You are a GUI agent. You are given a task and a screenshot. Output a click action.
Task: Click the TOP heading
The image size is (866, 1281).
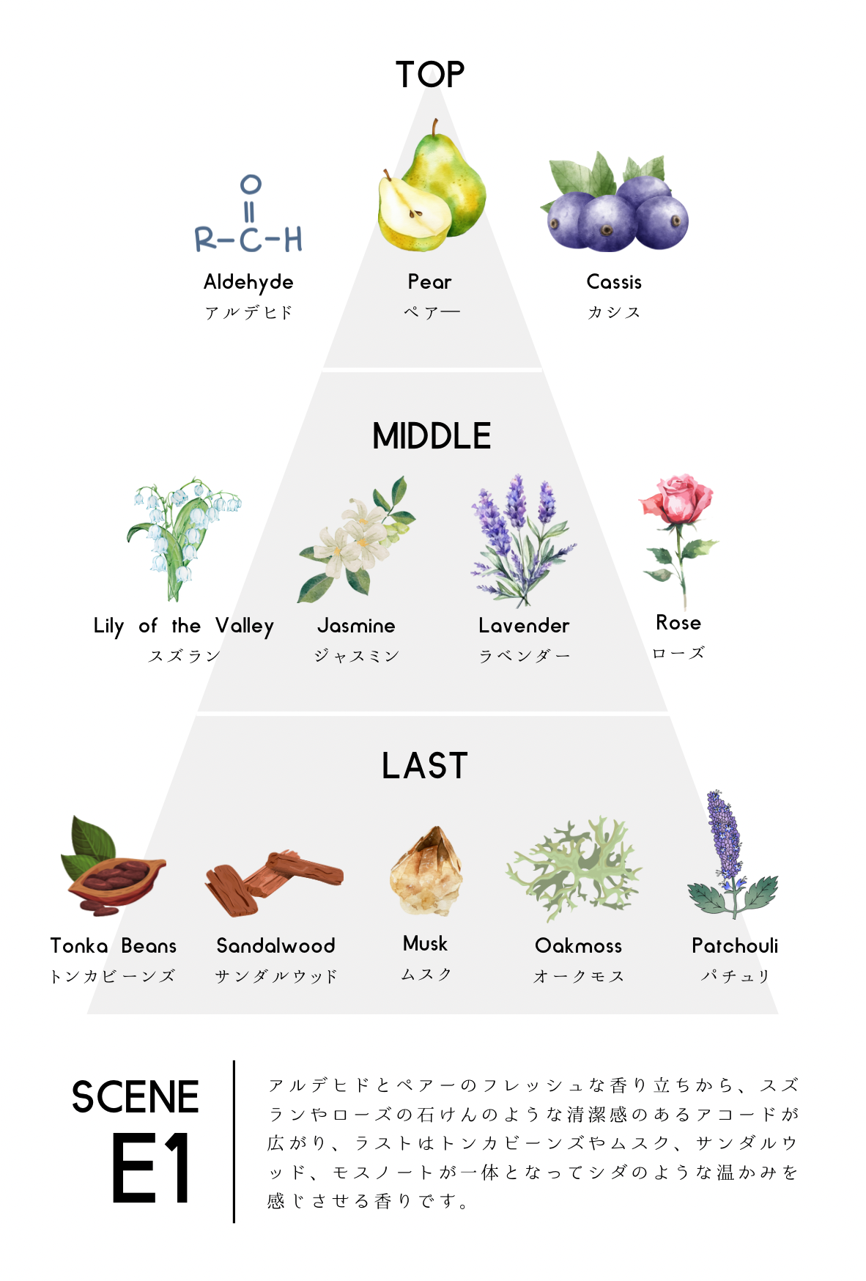430,75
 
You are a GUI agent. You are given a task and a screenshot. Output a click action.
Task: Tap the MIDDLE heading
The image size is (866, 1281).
432,436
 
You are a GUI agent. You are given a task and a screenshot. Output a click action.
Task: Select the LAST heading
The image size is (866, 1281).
424,766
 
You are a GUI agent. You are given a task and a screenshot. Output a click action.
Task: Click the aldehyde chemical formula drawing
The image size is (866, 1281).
249,215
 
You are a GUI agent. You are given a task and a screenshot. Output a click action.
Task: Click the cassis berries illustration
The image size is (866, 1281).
616,205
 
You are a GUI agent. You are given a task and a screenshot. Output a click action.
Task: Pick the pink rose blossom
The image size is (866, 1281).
676,499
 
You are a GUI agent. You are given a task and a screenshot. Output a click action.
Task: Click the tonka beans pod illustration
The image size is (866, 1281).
114,872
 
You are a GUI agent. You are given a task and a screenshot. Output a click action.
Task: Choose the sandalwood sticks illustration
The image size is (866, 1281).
274,882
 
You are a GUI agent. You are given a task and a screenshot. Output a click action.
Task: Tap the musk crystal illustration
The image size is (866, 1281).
426,872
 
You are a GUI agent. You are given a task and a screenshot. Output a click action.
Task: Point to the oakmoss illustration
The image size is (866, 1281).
576,869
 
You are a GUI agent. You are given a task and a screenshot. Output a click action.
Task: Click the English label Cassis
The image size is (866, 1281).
614,282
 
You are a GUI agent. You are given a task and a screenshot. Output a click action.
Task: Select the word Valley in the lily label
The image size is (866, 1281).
245,627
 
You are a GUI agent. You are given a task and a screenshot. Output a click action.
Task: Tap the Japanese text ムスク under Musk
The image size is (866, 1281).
426,975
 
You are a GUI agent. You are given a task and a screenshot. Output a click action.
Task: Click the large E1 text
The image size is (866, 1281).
151,1167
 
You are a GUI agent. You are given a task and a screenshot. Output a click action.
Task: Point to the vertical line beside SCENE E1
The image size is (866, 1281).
234,1141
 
